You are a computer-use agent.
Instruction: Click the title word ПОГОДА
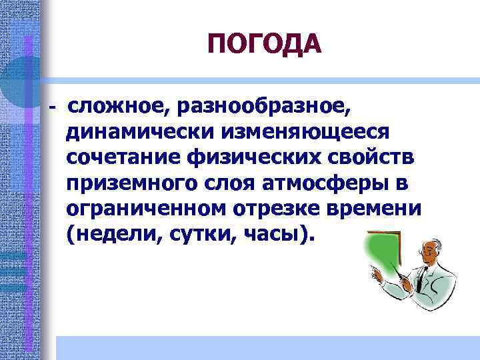(264, 45)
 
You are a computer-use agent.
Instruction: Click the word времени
(383, 209)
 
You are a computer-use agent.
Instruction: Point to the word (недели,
(110, 235)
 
